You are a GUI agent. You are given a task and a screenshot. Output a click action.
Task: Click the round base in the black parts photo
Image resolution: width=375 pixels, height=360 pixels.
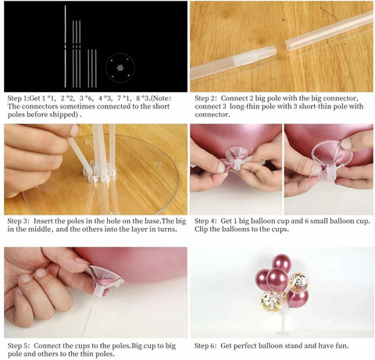[120, 68]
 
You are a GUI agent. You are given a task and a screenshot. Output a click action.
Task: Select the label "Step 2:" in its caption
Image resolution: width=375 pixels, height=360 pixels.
[205, 98]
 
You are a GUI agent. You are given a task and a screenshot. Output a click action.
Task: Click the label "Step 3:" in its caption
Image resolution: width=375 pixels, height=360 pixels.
[18, 221]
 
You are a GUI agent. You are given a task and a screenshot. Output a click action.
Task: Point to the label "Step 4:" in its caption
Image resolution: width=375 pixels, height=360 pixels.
[205, 221]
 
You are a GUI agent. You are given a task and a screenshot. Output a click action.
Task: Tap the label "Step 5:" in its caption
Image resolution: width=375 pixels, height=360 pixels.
[19, 346]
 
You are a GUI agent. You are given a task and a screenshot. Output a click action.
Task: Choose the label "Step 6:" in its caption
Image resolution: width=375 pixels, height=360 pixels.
[205, 346]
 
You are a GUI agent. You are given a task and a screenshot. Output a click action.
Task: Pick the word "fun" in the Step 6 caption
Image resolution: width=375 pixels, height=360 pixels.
[342, 346]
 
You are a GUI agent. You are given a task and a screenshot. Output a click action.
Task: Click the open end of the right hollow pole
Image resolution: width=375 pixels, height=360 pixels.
[289, 45]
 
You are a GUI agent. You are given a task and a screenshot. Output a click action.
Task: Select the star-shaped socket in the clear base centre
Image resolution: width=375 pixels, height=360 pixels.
[99, 173]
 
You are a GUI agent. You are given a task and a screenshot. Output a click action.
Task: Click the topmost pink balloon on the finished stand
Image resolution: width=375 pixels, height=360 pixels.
[281, 262]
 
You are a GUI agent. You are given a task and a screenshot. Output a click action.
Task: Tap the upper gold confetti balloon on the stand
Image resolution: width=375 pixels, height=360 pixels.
[298, 283]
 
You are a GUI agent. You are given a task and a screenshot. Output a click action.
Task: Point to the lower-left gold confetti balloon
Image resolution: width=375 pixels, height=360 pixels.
[271, 301]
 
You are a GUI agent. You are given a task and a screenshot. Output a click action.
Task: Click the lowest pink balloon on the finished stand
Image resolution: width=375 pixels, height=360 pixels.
[297, 298]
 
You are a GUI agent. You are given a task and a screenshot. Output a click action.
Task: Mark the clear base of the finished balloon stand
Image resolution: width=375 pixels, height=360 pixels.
[283, 333]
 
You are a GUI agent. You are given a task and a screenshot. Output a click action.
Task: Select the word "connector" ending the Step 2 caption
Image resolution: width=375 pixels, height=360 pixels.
[212, 115]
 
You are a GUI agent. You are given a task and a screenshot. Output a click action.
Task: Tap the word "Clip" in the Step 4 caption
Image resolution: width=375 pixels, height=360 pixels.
[201, 230]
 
